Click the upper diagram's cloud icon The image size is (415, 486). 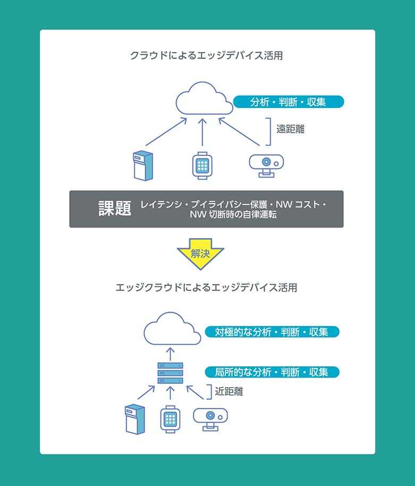point(204,99)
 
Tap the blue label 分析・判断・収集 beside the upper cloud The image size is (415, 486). point(288,102)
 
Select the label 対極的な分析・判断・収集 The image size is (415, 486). point(271,332)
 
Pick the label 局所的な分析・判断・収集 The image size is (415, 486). point(271,372)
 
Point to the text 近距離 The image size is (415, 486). point(229,391)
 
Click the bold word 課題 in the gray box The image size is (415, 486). point(115,208)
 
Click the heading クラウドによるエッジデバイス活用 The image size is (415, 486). point(206,55)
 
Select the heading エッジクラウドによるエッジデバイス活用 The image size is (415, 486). point(206,288)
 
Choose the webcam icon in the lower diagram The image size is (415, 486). point(210,418)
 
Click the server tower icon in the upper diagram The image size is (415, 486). point(142,165)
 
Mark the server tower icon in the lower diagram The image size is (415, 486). point(135,418)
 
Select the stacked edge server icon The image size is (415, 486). point(170,373)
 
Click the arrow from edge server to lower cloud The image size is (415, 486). point(170,354)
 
